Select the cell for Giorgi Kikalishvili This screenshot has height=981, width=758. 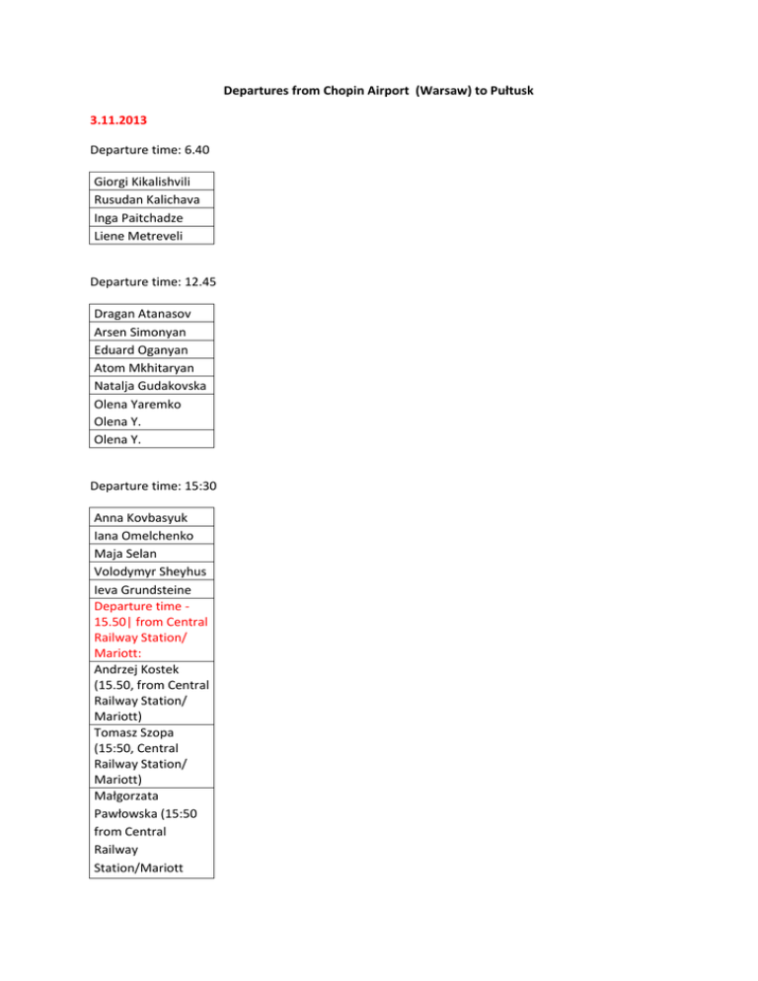coord(150,183)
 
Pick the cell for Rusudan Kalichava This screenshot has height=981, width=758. coord(150,200)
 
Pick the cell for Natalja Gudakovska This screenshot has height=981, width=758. coord(150,386)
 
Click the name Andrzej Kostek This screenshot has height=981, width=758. coord(136,670)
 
